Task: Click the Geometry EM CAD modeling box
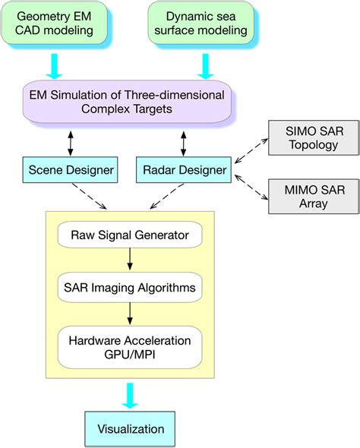[x=54, y=23]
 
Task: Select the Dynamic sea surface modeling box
[x=201, y=23]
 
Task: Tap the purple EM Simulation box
[x=127, y=102]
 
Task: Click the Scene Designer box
[x=71, y=170]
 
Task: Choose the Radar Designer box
[x=184, y=170]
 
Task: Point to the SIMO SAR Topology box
[x=314, y=137]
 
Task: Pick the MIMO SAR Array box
[x=314, y=197]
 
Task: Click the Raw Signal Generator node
[x=130, y=235]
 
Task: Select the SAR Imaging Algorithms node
[x=130, y=288]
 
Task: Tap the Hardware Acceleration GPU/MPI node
[x=130, y=348]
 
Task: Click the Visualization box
[x=130, y=429]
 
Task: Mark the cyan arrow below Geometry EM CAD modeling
[x=54, y=66]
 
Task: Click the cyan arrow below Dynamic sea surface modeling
[x=205, y=66]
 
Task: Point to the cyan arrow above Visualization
[x=130, y=396]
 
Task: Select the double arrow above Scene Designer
[x=71, y=144]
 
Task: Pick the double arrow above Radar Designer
[x=184, y=144]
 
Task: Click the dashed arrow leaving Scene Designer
[x=89, y=196]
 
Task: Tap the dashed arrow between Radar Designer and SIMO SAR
[x=251, y=151]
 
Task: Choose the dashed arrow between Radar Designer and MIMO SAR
[x=251, y=187]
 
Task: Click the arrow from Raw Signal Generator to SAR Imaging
[x=130, y=259]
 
